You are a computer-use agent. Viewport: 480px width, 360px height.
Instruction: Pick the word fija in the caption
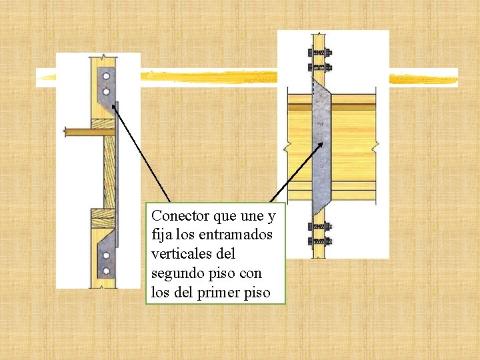(x=161, y=235)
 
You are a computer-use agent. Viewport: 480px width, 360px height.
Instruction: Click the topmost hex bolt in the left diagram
(x=105, y=75)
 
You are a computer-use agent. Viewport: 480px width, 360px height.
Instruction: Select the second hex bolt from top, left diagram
(x=105, y=91)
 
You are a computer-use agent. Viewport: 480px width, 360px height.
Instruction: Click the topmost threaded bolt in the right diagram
(x=319, y=53)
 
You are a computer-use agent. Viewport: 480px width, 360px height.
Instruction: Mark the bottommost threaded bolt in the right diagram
(x=319, y=241)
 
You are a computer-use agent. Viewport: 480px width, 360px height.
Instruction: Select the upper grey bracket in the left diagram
(x=107, y=87)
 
